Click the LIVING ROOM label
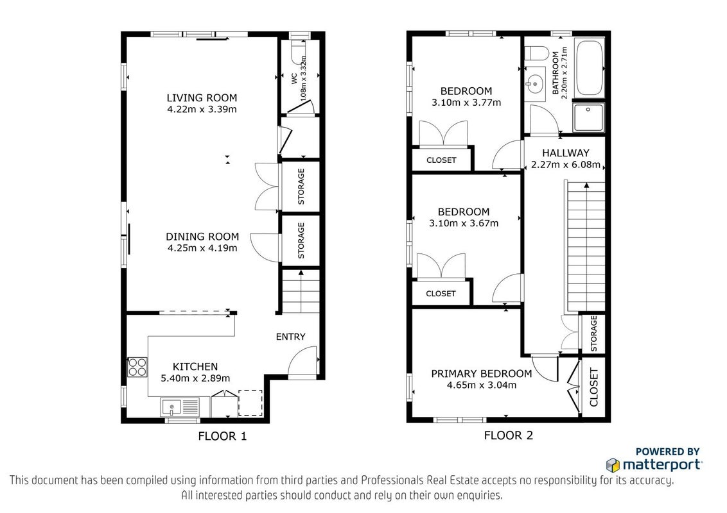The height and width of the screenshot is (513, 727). (202, 97)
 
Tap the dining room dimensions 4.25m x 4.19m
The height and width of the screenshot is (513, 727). (202, 248)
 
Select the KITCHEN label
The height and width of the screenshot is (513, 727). (195, 367)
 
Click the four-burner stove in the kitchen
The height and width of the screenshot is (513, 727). (137, 367)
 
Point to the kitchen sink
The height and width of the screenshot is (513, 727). (171, 407)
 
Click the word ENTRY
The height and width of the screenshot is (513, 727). (291, 337)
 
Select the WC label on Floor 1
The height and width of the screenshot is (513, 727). (294, 79)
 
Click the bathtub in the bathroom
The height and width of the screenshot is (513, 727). (589, 67)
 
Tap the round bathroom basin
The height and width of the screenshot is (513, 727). (534, 84)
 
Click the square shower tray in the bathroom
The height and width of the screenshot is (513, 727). (589, 117)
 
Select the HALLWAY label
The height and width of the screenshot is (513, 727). (566, 153)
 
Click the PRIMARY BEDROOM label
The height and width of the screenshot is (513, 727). (481, 374)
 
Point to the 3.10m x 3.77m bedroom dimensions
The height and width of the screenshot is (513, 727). (466, 103)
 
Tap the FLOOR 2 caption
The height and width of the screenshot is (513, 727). (508, 435)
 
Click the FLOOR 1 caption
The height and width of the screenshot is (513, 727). (222, 436)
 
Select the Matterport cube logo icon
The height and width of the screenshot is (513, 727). (613, 464)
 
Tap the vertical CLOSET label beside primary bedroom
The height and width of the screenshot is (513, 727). (594, 387)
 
